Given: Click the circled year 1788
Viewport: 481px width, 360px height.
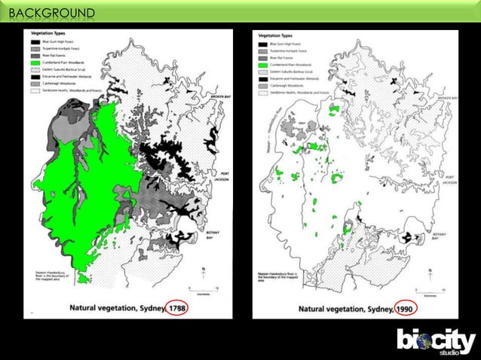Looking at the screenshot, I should point(177,308).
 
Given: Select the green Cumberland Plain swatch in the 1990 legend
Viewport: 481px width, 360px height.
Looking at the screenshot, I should point(264,66).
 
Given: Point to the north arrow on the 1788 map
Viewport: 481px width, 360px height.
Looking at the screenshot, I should point(201,273).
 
